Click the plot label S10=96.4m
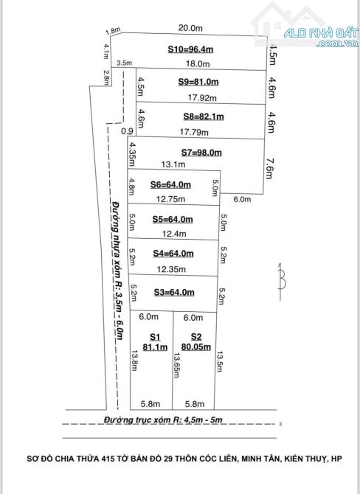pyautogui.click(x=190, y=49)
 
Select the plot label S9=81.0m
pyautogui.click(x=198, y=82)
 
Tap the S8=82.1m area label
pyautogui.click(x=204, y=116)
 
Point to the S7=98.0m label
pyautogui.click(x=201, y=153)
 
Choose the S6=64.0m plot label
pyautogui.click(x=170, y=184)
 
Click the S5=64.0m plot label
pyautogui.click(x=173, y=219)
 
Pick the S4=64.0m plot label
pyautogui.click(x=173, y=254)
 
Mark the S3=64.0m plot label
pyautogui.click(x=174, y=293)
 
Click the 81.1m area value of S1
pyautogui.click(x=155, y=347)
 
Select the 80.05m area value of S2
pyautogui.click(x=196, y=347)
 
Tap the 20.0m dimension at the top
pyautogui.click(x=190, y=28)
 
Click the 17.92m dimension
pyautogui.click(x=202, y=97)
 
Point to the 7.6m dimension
pyautogui.click(x=269, y=169)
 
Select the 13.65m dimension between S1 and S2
pyautogui.click(x=176, y=365)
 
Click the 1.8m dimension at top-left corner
pyautogui.click(x=113, y=31)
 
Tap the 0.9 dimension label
pyautogui.click(x=127, y=131)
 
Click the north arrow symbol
pyautogui.click(x=281, y=281)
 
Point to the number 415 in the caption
pyautogui.click(x=108, y=459)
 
